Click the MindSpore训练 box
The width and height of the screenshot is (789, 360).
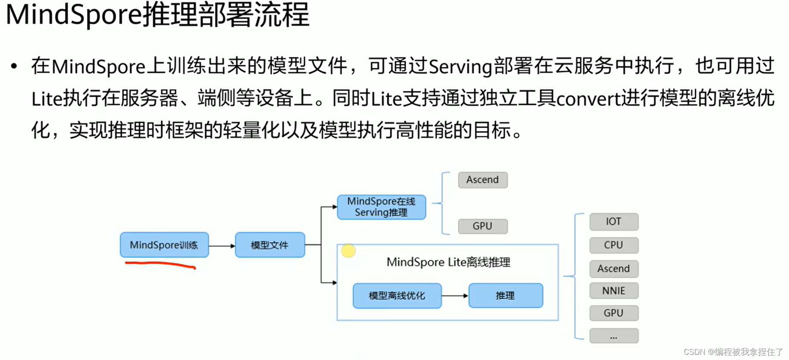(x=164, y=245)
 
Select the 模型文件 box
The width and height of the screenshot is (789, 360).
(x=270, y=245)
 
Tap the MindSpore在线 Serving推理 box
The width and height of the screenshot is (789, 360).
(x=382, y=207)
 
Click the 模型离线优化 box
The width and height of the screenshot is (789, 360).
(x=397, y=296)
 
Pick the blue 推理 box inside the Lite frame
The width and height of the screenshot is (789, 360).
(x=506, y=296)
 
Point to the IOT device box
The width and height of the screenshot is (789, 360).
(x=614, y=222)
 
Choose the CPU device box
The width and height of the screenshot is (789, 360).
(x=614, y=245)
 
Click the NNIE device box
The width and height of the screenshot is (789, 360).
(x=614, y=291)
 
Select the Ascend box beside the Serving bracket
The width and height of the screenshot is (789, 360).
(x=483, y=180)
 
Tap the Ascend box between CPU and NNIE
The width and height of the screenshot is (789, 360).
(x=614, y=269)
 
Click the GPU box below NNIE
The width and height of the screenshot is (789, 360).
(x=614, y=313)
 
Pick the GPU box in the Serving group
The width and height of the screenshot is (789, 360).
(x=483, y=226)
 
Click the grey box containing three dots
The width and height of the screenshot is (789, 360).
(x=614, y=336)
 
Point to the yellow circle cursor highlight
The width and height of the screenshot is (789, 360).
(x=348, y=250)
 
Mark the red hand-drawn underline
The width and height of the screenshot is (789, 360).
(x=160, y=264)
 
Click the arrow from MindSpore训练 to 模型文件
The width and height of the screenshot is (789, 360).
(x=222, y=246)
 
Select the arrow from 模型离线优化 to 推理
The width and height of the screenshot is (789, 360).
(x=455, y=296)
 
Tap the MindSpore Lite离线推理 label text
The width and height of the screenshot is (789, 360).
(x=448, y=262)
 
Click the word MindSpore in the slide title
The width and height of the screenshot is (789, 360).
(x=74, y=15)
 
